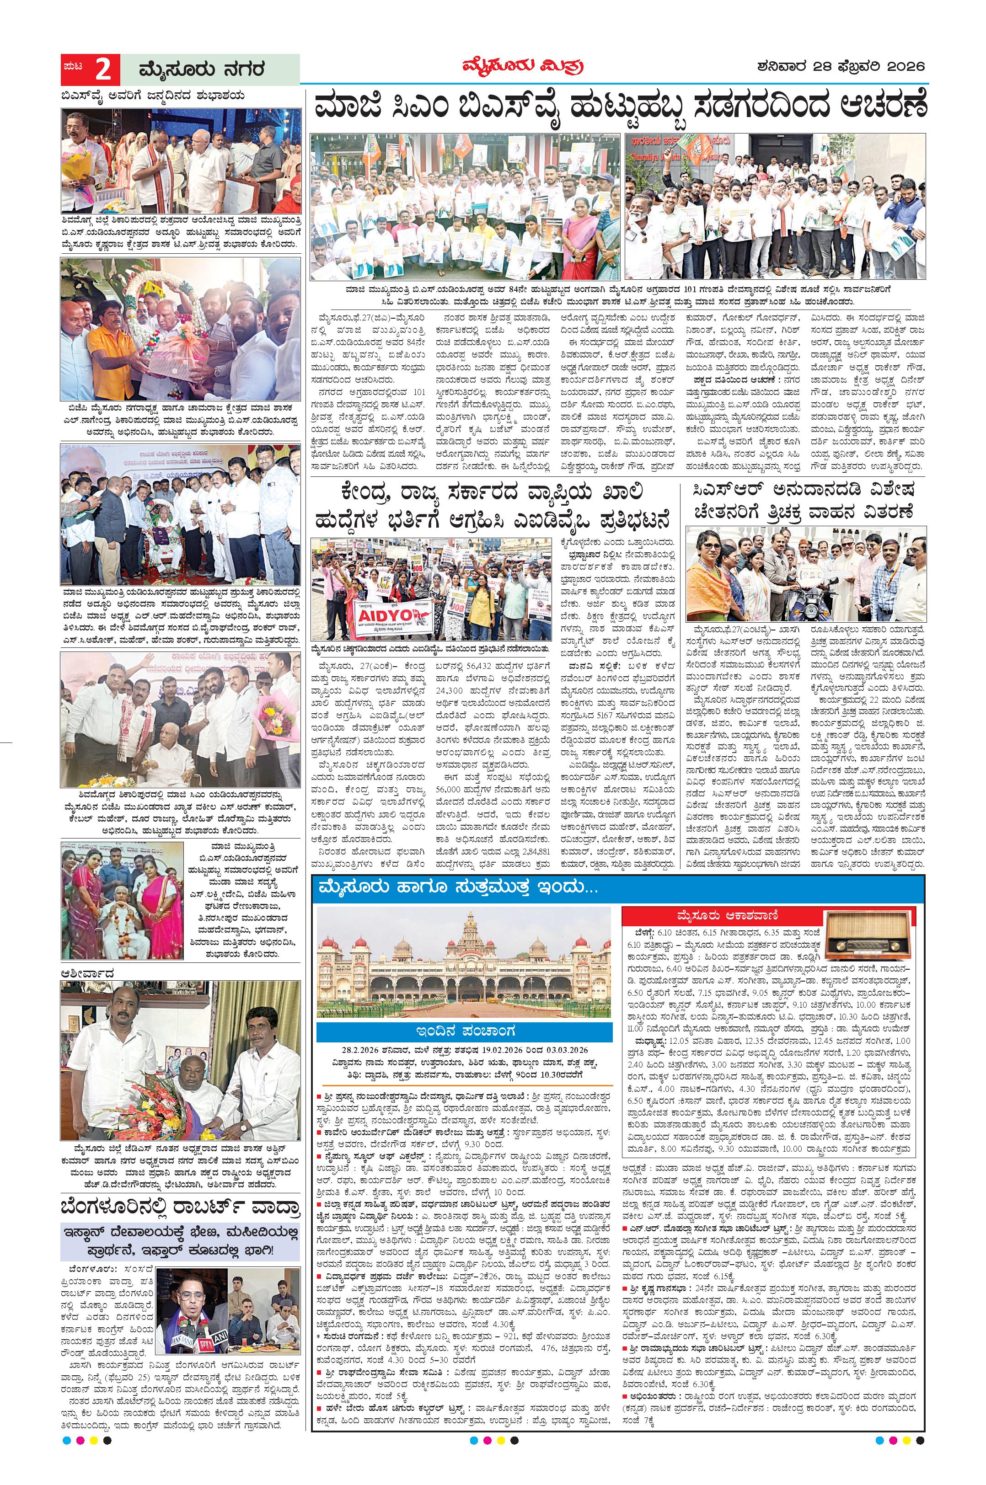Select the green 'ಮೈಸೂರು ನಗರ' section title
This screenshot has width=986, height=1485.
coord(193,69)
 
